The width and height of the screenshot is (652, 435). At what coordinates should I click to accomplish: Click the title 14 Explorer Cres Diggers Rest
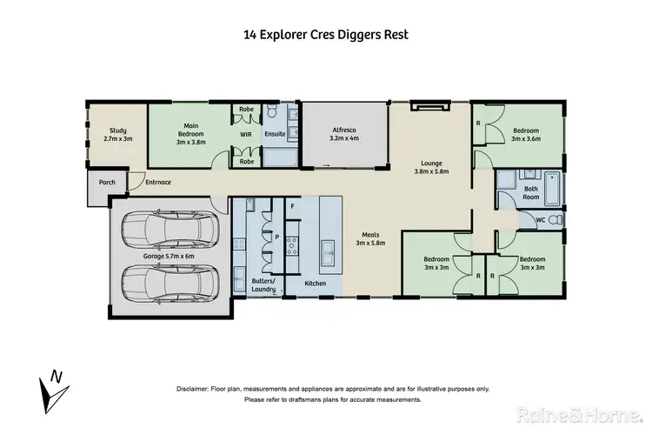click(x=325, y=36)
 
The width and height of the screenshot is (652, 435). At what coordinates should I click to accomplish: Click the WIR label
click(x=246, y=136)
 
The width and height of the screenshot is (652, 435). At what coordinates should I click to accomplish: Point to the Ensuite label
click(x=275, y=136)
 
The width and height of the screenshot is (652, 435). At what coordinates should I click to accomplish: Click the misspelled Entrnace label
click(x=158, y=183)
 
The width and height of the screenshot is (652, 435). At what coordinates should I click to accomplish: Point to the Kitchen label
click(x=315, y=284)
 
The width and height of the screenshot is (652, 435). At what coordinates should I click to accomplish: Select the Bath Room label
click(x=531, y=191)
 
